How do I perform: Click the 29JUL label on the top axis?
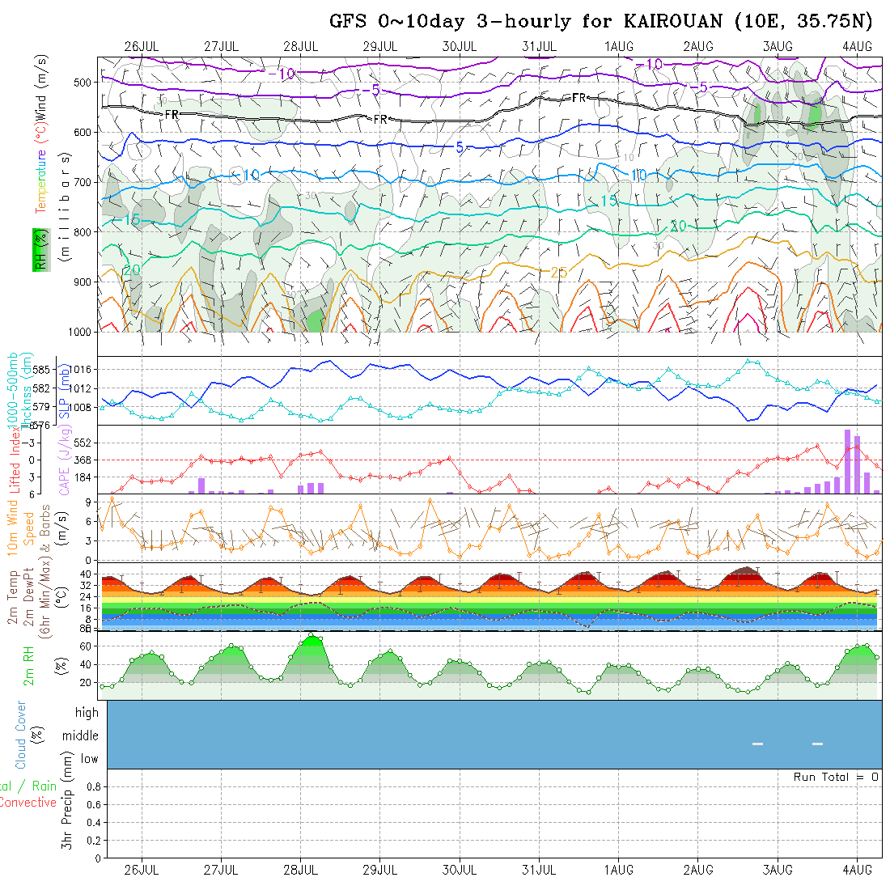coord(379,46)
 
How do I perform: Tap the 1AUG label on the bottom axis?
coord(619,870)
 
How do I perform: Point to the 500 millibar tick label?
coord(83,82)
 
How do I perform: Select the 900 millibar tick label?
coord(83,282)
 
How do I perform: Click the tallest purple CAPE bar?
coord(847,461)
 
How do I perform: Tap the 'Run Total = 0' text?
coord(836,777)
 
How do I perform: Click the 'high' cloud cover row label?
coord(87,713)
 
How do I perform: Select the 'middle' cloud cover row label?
coord(81,735)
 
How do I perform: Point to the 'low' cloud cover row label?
coord(89,759)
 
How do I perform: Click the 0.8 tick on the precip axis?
coord(91,786)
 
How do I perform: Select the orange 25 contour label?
coord(558,273)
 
